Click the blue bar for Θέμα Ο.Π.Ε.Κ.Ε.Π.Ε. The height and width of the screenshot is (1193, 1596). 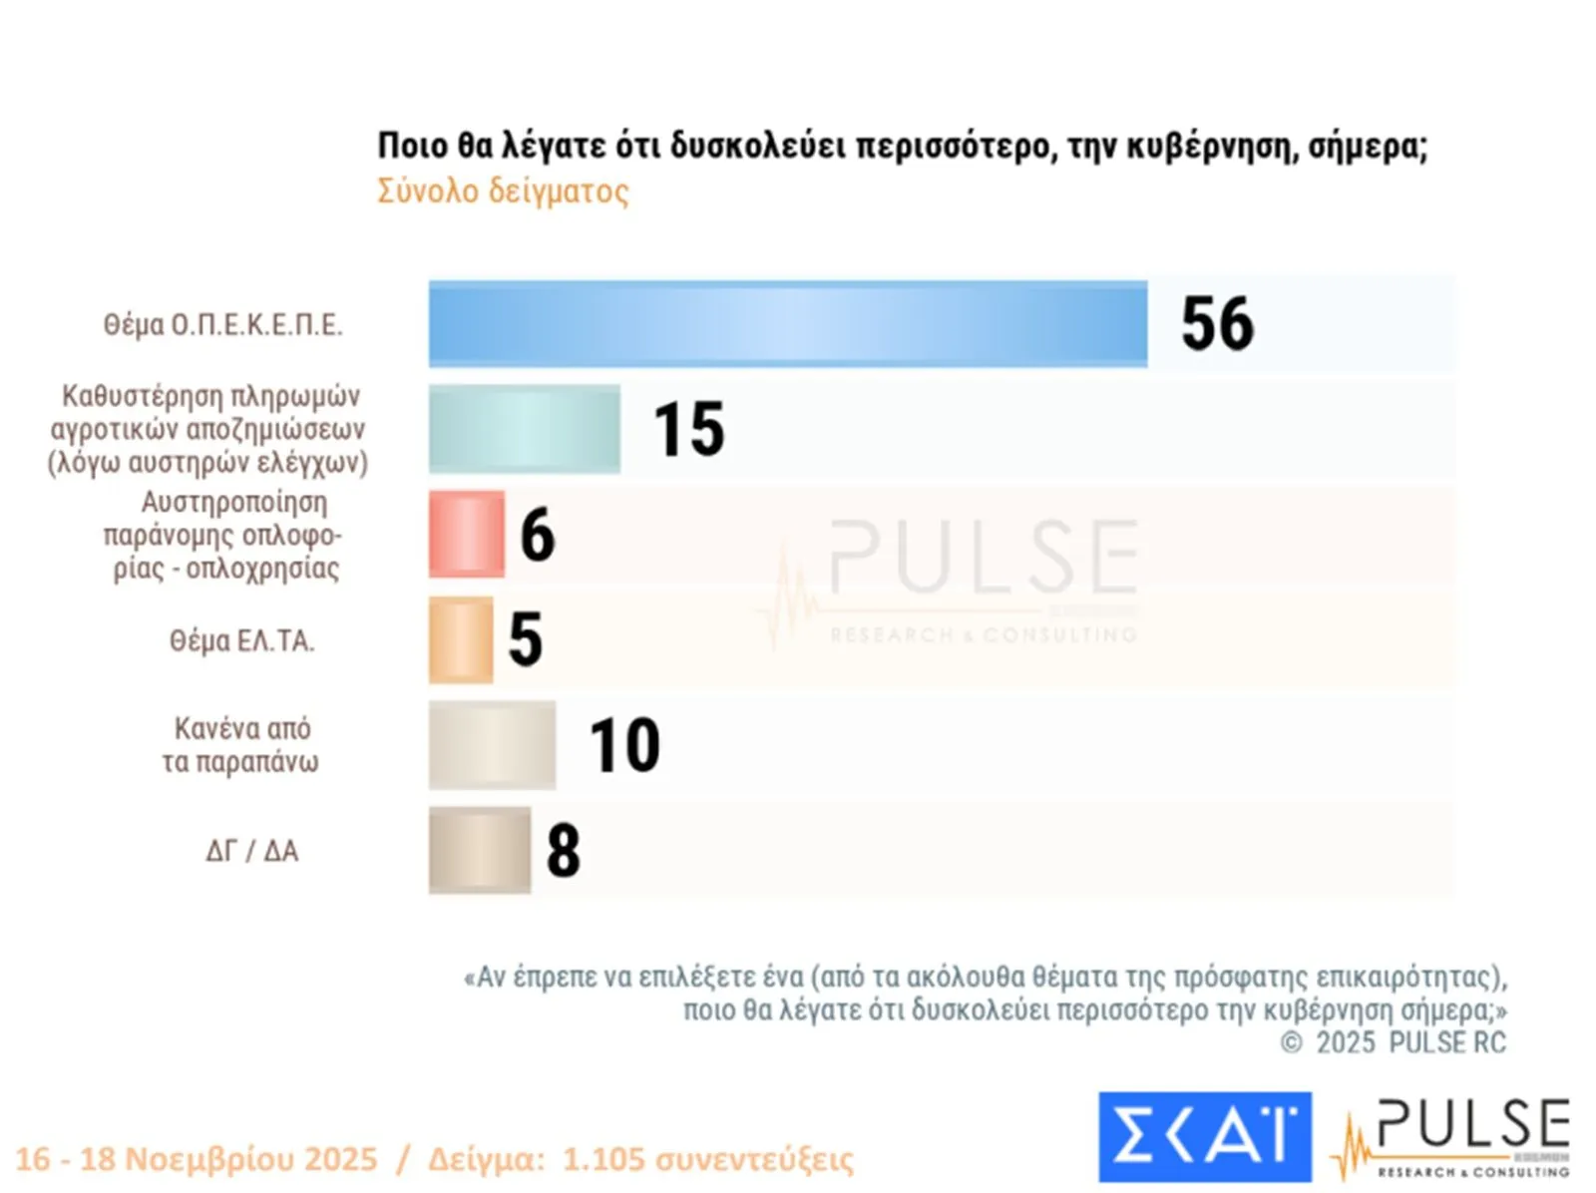[x=788, y=324]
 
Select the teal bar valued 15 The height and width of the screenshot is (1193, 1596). [x=525, y=429]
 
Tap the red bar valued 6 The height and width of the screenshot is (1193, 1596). [x=467, y=534]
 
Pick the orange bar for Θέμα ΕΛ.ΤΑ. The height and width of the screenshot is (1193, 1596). [x=461, y=639]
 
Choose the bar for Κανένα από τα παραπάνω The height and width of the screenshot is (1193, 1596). [x=492, y=745]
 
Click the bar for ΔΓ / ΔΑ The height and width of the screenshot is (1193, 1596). [x=480, y=850]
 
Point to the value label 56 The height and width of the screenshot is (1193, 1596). [x=1217, y=324]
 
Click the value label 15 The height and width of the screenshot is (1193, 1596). [x=689, y=430]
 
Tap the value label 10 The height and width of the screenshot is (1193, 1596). [x=624, y=745]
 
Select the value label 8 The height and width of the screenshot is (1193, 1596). [x=564, y=851]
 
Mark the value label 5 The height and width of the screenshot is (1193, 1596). [x=526, y=639]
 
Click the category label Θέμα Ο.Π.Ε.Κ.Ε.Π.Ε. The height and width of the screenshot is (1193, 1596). [x=222, y=325]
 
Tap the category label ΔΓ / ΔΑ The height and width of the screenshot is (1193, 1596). [x=251, y=851]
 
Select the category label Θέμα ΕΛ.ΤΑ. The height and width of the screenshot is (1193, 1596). [x=241, y=640]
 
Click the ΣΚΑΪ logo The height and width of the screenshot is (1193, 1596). [x=1204, y=1136]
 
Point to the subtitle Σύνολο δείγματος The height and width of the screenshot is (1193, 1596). [x=503, y=191]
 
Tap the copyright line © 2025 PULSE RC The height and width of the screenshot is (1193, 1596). [x=1394, y=1042]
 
